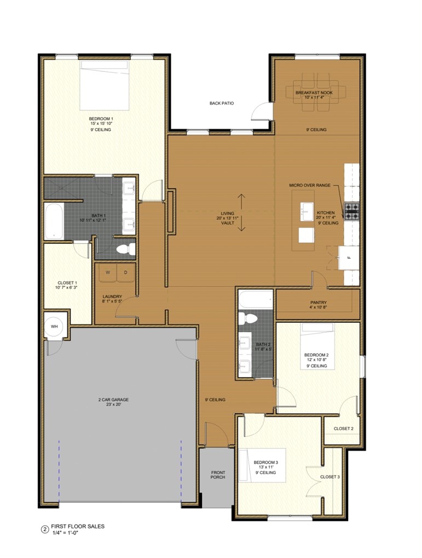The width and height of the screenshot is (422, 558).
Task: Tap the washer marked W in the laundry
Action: [x=108, y=272]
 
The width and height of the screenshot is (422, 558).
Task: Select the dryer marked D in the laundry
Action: [x=125, y=272]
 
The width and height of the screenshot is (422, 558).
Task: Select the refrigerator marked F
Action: [x=348, y=257]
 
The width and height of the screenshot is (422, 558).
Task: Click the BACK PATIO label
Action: [x=222, y=103]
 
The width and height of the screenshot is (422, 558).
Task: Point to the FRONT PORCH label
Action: [x=218, y=475]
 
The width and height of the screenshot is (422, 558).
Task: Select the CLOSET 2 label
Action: [x=343, y=428]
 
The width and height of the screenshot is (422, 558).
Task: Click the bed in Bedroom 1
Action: [x=105, y=85]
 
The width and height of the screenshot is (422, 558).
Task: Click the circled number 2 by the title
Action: [x=45, y=529]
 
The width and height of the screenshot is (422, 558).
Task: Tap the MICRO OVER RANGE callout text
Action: [x=310, y=185]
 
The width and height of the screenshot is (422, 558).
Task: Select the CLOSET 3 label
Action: [x=330, y=477]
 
